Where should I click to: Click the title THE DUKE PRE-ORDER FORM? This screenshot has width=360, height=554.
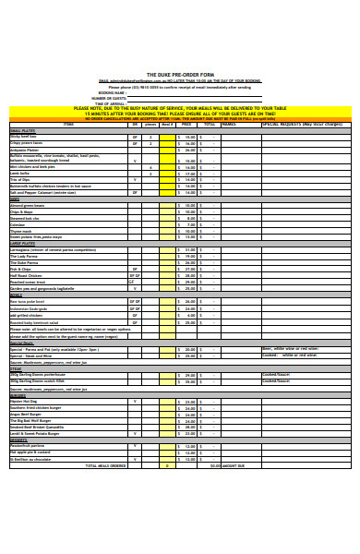tap(179, 74)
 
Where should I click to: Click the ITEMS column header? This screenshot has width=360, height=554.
tap(67, 124)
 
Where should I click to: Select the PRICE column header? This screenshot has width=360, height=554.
tap(186, 124)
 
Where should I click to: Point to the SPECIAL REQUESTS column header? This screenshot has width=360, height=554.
tap(296, 124)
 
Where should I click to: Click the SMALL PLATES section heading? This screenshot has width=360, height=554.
tap(22, 130)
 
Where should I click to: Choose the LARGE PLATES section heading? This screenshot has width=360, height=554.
tap(22, 242)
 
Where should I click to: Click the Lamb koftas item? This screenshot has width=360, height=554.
tap(19, 173)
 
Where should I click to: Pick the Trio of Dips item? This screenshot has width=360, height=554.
tap(20, 179)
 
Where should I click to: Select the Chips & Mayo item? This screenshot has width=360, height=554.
tap(21, 211)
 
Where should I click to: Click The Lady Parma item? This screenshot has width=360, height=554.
tap(24, 255)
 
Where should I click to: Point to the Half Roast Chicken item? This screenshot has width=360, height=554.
tap(27, 274)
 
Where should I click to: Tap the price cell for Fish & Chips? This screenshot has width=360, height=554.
tap(186, 268)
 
